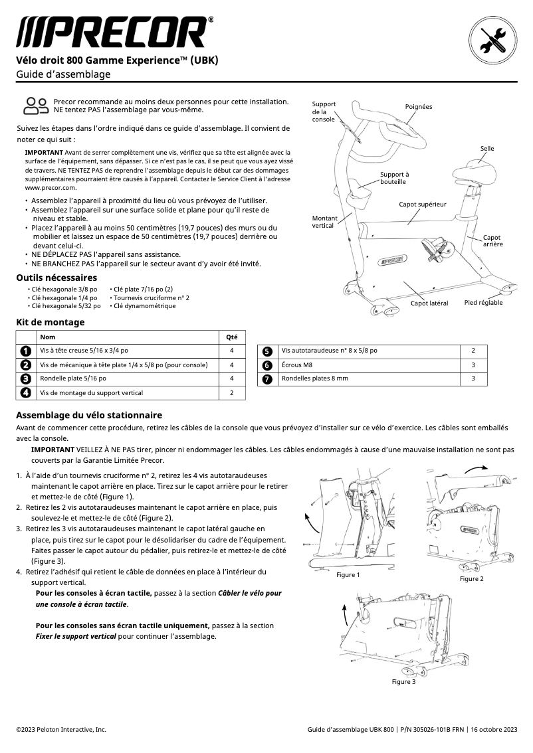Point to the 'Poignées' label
tap(418, 107)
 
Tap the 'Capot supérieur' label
tap(422, 204)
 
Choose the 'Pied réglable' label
tap(483, 303)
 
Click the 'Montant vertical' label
tap(324, 222)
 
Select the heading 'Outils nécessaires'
tap(56, 278)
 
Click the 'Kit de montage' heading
tap(51, 322)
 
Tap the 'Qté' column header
tap(231, 337)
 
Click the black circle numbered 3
tap(25, 378)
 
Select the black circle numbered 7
tap(266, 378)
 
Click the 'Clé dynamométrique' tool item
tap(144, 306)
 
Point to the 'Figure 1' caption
tap(348, 575)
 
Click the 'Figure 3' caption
tap(403, 682)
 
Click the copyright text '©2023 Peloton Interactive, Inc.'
tap(61, 729)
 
